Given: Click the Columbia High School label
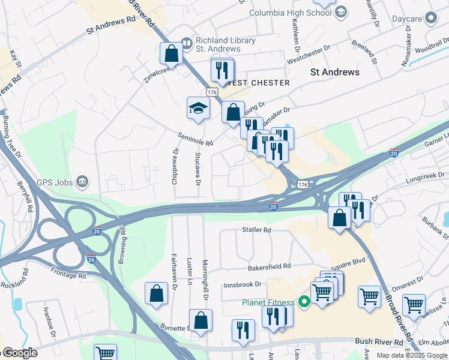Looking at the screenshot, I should [290, 12].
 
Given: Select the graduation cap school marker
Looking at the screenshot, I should [198, 109].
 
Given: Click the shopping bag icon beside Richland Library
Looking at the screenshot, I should [171, 53].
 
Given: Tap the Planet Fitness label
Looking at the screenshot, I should [268, 302].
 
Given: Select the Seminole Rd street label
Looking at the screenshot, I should [195, 140].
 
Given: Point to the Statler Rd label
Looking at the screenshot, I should [256, 230].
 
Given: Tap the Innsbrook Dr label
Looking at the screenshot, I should [243, 284].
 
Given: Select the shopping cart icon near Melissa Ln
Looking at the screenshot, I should [414, 305].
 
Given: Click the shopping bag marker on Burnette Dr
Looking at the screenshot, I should [200, 320].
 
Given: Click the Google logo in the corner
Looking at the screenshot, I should [19, 353].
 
